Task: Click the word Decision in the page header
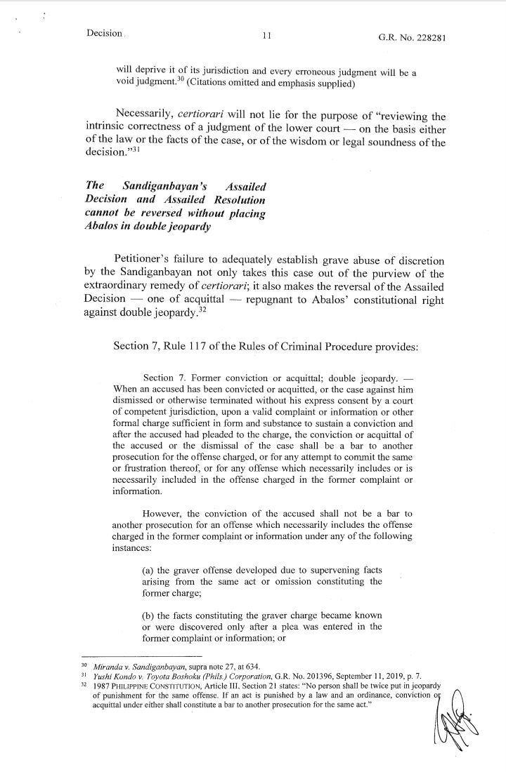point(104,32)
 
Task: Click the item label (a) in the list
point(149,571)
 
